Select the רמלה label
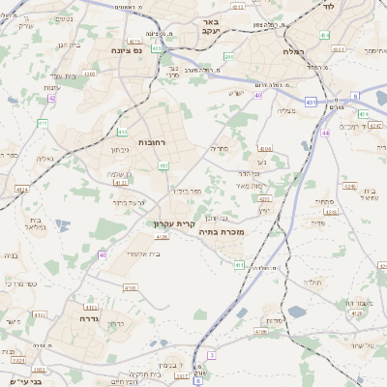[x=294, y=50]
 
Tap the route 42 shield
[x=51, y=98]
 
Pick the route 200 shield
[x=229, y=58]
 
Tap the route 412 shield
[x=164, y=165]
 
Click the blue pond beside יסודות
[x=296, y=311]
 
